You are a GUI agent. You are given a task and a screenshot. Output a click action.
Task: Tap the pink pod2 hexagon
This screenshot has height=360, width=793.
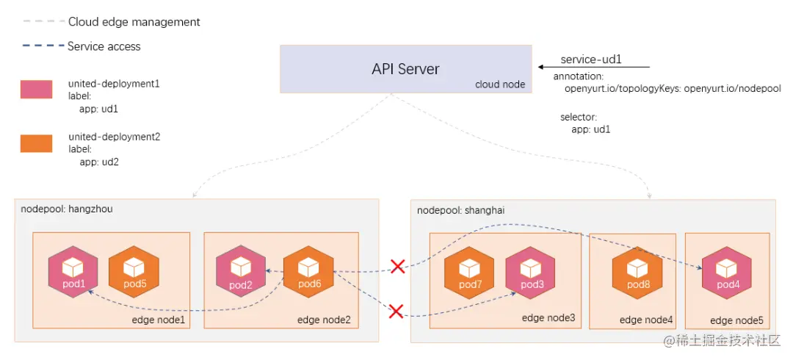pos(240,273)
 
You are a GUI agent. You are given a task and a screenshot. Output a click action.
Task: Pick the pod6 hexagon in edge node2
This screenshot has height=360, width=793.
pos(309,273)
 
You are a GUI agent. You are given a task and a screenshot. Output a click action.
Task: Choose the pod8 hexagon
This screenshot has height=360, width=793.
pos(637,273)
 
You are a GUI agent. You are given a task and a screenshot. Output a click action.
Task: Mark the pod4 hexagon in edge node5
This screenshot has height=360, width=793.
pos(727,273)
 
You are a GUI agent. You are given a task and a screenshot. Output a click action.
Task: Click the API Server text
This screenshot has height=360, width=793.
pos(405,69)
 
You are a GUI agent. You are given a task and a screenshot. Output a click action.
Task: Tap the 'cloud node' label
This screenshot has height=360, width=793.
pos(500,84)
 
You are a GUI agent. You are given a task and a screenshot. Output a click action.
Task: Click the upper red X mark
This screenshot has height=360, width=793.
pos(397,266)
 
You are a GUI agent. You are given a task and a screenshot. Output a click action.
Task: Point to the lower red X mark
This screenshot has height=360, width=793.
pos(396,312)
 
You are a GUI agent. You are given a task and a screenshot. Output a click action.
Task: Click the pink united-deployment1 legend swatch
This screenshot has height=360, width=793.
pos(36,90)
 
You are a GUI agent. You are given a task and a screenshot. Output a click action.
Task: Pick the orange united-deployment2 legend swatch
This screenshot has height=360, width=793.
pos(36,143)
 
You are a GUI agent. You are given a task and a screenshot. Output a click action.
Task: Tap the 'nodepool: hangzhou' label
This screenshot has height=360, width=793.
pos(67,209)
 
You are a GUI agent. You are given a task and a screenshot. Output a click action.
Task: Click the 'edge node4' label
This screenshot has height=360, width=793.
pos(646,320)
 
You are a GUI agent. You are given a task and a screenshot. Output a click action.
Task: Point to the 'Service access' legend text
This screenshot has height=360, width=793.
pos(104,46)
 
